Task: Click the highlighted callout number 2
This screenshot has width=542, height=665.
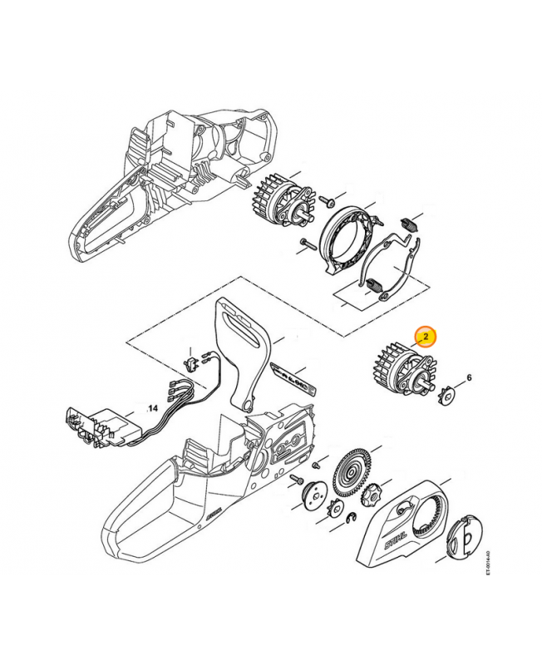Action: click(425, 337)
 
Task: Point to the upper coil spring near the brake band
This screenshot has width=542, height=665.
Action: click(408, 223)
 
